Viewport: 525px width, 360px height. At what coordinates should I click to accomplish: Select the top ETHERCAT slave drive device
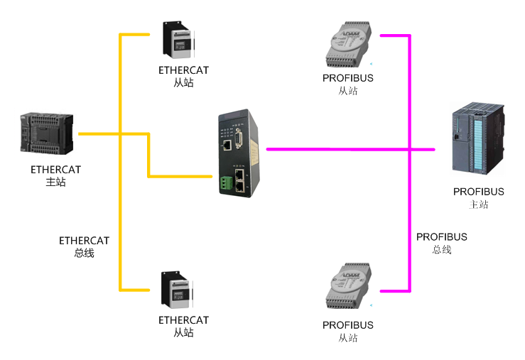tap(178, 40)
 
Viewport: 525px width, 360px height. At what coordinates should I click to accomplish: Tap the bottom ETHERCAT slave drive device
tap(178, 290)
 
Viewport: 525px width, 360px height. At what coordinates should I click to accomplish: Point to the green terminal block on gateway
tap(226, 182)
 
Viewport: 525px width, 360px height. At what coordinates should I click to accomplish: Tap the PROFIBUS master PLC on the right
tap(478, 139)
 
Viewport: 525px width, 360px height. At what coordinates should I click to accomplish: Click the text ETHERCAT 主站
tap(55, 175)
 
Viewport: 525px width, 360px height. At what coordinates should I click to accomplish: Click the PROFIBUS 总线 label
tap(441, 243)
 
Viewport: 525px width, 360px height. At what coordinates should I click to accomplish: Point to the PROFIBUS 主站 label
tap(478, 197)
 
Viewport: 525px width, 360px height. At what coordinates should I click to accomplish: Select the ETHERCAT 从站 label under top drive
tap(183, 76)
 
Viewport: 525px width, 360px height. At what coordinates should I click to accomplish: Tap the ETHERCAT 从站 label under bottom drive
tap(183, 326)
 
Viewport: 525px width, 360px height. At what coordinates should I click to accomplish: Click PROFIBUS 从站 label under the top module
tap(347, 84)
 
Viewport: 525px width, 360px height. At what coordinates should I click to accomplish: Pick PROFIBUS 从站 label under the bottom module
tap(347, 331)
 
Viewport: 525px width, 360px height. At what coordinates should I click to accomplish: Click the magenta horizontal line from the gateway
tap(334, 149)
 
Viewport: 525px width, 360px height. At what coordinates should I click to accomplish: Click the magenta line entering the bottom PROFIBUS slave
tap(394, 290)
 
